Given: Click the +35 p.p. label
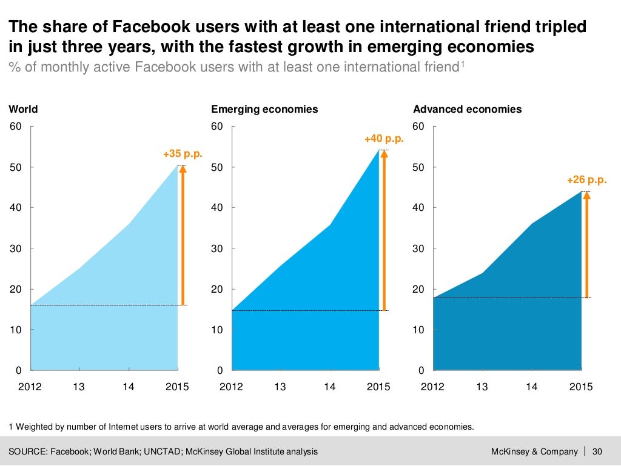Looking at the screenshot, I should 182,155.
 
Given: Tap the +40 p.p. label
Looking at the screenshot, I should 383,139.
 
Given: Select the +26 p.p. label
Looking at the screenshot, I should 586,180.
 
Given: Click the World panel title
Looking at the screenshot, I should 23,110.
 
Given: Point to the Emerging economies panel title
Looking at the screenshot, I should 264,110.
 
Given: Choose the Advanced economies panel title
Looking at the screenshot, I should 467,110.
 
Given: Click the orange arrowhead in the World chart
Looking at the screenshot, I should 183,170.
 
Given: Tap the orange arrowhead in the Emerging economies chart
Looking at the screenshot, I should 384,154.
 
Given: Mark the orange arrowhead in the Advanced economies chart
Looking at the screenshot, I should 586,196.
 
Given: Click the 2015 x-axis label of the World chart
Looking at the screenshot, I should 178,387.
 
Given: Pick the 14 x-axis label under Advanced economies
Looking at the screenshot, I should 532,387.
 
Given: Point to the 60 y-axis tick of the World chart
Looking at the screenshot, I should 15,127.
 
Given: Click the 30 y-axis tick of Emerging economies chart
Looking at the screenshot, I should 217,248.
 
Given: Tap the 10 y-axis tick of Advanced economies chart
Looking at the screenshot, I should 419,330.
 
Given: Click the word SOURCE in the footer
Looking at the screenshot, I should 28,451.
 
